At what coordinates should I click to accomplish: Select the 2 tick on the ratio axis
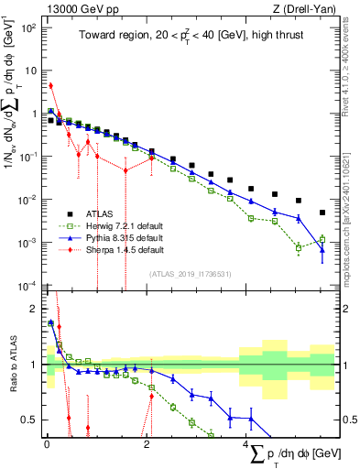(32, 309)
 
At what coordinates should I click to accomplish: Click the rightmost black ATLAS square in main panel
(322, 213)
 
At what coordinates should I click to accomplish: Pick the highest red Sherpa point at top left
(50, 86)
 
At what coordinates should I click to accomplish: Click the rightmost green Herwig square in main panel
(322, 239)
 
